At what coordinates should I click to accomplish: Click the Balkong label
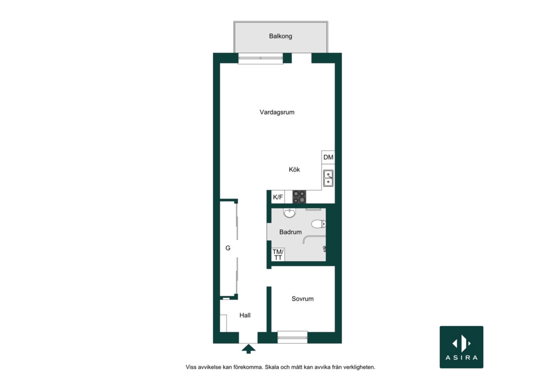[280, 36]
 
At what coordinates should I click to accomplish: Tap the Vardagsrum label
[277, 112]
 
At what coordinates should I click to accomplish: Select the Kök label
[294, 170]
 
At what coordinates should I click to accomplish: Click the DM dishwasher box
[328, 157]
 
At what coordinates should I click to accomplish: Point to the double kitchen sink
[328, 178]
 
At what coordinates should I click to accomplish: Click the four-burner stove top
[299, 197]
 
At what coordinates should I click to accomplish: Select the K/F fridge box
[278, 197]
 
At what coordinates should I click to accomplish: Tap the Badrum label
[290, 232]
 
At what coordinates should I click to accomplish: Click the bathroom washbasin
[289, 213]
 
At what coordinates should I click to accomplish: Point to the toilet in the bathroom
[319, 224]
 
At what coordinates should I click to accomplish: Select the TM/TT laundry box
[278, 254]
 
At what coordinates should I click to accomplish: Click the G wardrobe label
[228, 248]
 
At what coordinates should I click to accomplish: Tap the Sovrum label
[302, 299]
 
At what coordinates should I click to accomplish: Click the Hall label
[245, 315]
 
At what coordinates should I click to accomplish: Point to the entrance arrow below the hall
[249, 349]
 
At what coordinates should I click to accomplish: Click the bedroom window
[292, 338]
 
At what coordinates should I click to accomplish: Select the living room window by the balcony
[261, 58]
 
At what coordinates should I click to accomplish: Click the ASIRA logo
[462, 347]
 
